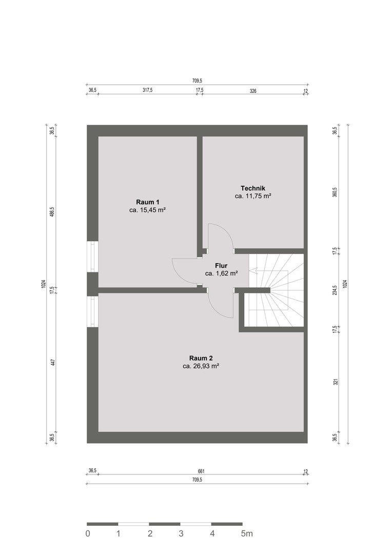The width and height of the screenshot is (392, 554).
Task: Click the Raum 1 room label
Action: click(x=148, y=202)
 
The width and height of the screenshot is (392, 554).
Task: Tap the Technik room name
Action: click(x=253, y=188)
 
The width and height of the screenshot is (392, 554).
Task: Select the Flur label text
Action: click(x=221, y=266)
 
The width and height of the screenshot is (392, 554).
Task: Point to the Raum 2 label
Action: click(x=201, y=358)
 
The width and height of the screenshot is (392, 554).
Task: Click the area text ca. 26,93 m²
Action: click(x=201, y=366)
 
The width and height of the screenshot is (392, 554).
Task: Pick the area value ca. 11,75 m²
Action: click(x=253, y=196)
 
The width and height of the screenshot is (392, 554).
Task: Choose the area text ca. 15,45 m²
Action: click(x=148, y=210)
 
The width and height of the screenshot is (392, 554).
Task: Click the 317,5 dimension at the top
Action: click(x=147, y=90)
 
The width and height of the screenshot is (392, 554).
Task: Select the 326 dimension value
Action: click(x=253, y=91)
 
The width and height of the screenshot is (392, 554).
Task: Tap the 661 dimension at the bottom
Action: click(x=201, y=471)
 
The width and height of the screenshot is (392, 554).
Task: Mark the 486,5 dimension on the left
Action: click(x=52, y=213)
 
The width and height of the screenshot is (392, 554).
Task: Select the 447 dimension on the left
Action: click(x=52, y=363)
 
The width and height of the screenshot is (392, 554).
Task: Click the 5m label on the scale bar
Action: click(x=247, y=533)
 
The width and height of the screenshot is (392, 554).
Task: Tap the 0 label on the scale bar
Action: click(x=88, y=533)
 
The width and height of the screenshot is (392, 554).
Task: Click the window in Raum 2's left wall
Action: click(x=92, y=311)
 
